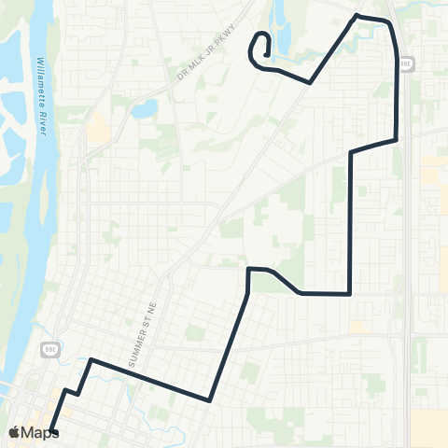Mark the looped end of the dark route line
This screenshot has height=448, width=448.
coord(260,47)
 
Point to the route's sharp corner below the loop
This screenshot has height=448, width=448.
coord(310,82)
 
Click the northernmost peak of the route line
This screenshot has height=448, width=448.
coord(357,16)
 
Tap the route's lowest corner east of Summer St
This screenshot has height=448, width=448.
coord(209,400)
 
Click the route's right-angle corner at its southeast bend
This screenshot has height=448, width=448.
coord(349,293)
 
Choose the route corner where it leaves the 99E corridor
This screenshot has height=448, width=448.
coord(398,141)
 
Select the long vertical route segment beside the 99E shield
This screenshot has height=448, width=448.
coord(399,93)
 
